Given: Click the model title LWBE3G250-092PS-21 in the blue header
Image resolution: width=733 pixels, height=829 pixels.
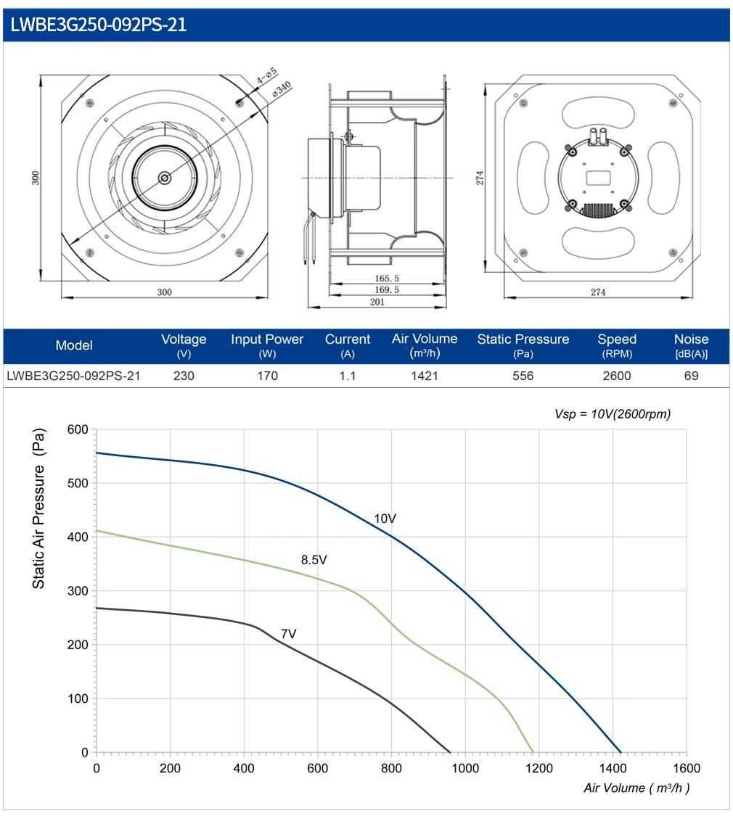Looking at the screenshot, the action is click(99, 25).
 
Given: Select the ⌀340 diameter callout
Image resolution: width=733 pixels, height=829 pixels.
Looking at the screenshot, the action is click(282, 88).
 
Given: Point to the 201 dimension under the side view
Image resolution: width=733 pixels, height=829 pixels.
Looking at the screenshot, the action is click(377, 302).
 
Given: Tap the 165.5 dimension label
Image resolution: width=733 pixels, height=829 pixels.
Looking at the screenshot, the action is click(387, 278).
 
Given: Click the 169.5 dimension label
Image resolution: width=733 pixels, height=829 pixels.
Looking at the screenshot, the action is click(387, 289).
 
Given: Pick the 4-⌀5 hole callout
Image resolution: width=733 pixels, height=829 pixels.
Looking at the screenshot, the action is click(267, 75).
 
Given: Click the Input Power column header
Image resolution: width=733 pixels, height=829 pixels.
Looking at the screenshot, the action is click(267, 345).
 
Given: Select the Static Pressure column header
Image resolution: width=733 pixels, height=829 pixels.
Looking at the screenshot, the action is click(523, 345).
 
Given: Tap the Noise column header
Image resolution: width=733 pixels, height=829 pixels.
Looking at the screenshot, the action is click(691, 345).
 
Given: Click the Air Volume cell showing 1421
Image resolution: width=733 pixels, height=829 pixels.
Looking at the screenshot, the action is click(425, 376).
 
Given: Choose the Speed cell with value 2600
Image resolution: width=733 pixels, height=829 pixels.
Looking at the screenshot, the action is click(617, 376).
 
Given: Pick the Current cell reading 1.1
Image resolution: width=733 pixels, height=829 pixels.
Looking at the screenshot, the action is click(348, 376).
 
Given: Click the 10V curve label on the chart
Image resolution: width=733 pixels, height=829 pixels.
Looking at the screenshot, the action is click(385, 519).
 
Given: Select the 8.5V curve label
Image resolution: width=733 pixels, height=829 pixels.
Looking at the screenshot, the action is click(314, 559).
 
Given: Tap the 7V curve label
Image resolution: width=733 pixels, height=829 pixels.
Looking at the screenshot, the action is click(289, 633).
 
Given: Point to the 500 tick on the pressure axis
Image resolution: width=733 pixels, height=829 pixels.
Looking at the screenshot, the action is click(78, 483).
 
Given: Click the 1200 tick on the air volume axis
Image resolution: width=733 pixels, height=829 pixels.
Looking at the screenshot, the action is click(539, 768).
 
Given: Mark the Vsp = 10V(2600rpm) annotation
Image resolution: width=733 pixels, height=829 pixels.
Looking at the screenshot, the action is click(613, 414).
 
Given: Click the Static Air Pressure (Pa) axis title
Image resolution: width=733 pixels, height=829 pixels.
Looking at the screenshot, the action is click(38, 508).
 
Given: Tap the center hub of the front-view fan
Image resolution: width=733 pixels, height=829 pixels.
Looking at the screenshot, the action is click(165, 178).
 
